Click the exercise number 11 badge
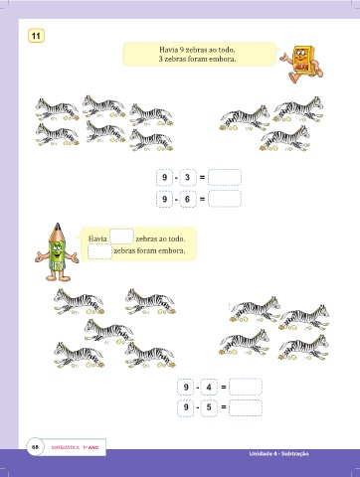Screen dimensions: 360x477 click(x=36, y=36)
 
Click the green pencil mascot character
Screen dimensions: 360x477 click(x=57, y=252)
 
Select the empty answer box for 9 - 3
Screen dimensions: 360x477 click(x=225, y=177)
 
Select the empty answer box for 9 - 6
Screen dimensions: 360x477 click(x=225, y=199)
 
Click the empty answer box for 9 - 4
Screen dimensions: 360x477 click(x=246, y=387)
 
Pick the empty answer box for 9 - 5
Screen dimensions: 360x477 click(x=246, y=407)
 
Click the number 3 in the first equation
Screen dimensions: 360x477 click(x=187, y=177)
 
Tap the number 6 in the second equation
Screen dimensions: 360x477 click(x=187, y=199)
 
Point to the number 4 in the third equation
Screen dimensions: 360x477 click(x=209, y=387)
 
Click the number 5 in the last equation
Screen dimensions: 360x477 click(x=209, y=406)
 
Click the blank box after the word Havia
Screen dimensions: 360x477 click(x=121, y=237)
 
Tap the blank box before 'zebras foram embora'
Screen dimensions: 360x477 click(x=99, y=251)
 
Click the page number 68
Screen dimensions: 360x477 click(x=35, y=447)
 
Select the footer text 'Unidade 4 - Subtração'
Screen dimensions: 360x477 click(x=278, y=454)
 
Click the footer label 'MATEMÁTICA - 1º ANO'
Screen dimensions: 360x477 click(x=75, y=447)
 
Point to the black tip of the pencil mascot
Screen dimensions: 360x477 click(x=58, y=226)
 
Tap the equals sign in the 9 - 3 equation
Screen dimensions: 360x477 click(x=202, y=178)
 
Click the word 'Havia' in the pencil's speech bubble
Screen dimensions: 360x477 click(x=97, y=238)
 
